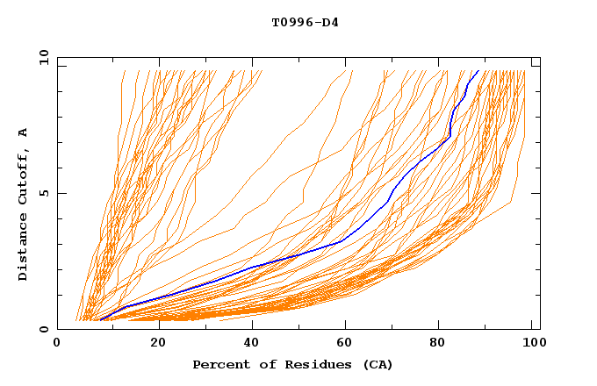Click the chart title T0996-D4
(305, 22)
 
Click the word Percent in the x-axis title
(217, 364)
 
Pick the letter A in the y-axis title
(23, 132)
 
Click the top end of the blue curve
(478, 71)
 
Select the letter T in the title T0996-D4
(275, 22)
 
